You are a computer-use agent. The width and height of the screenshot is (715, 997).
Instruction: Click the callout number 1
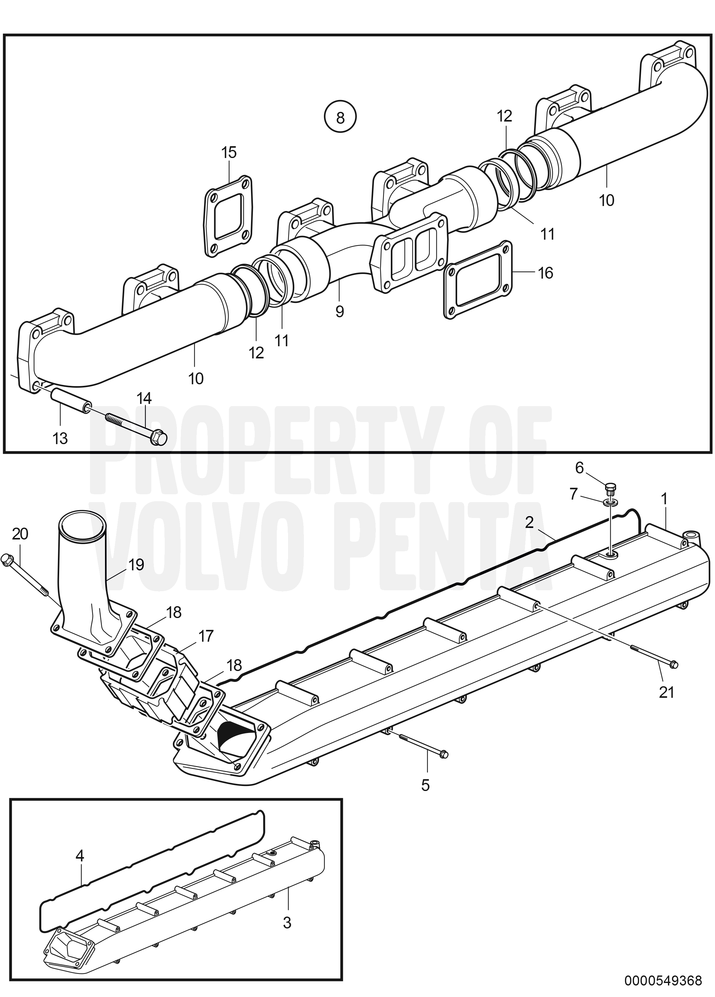(x=665, y=499)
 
